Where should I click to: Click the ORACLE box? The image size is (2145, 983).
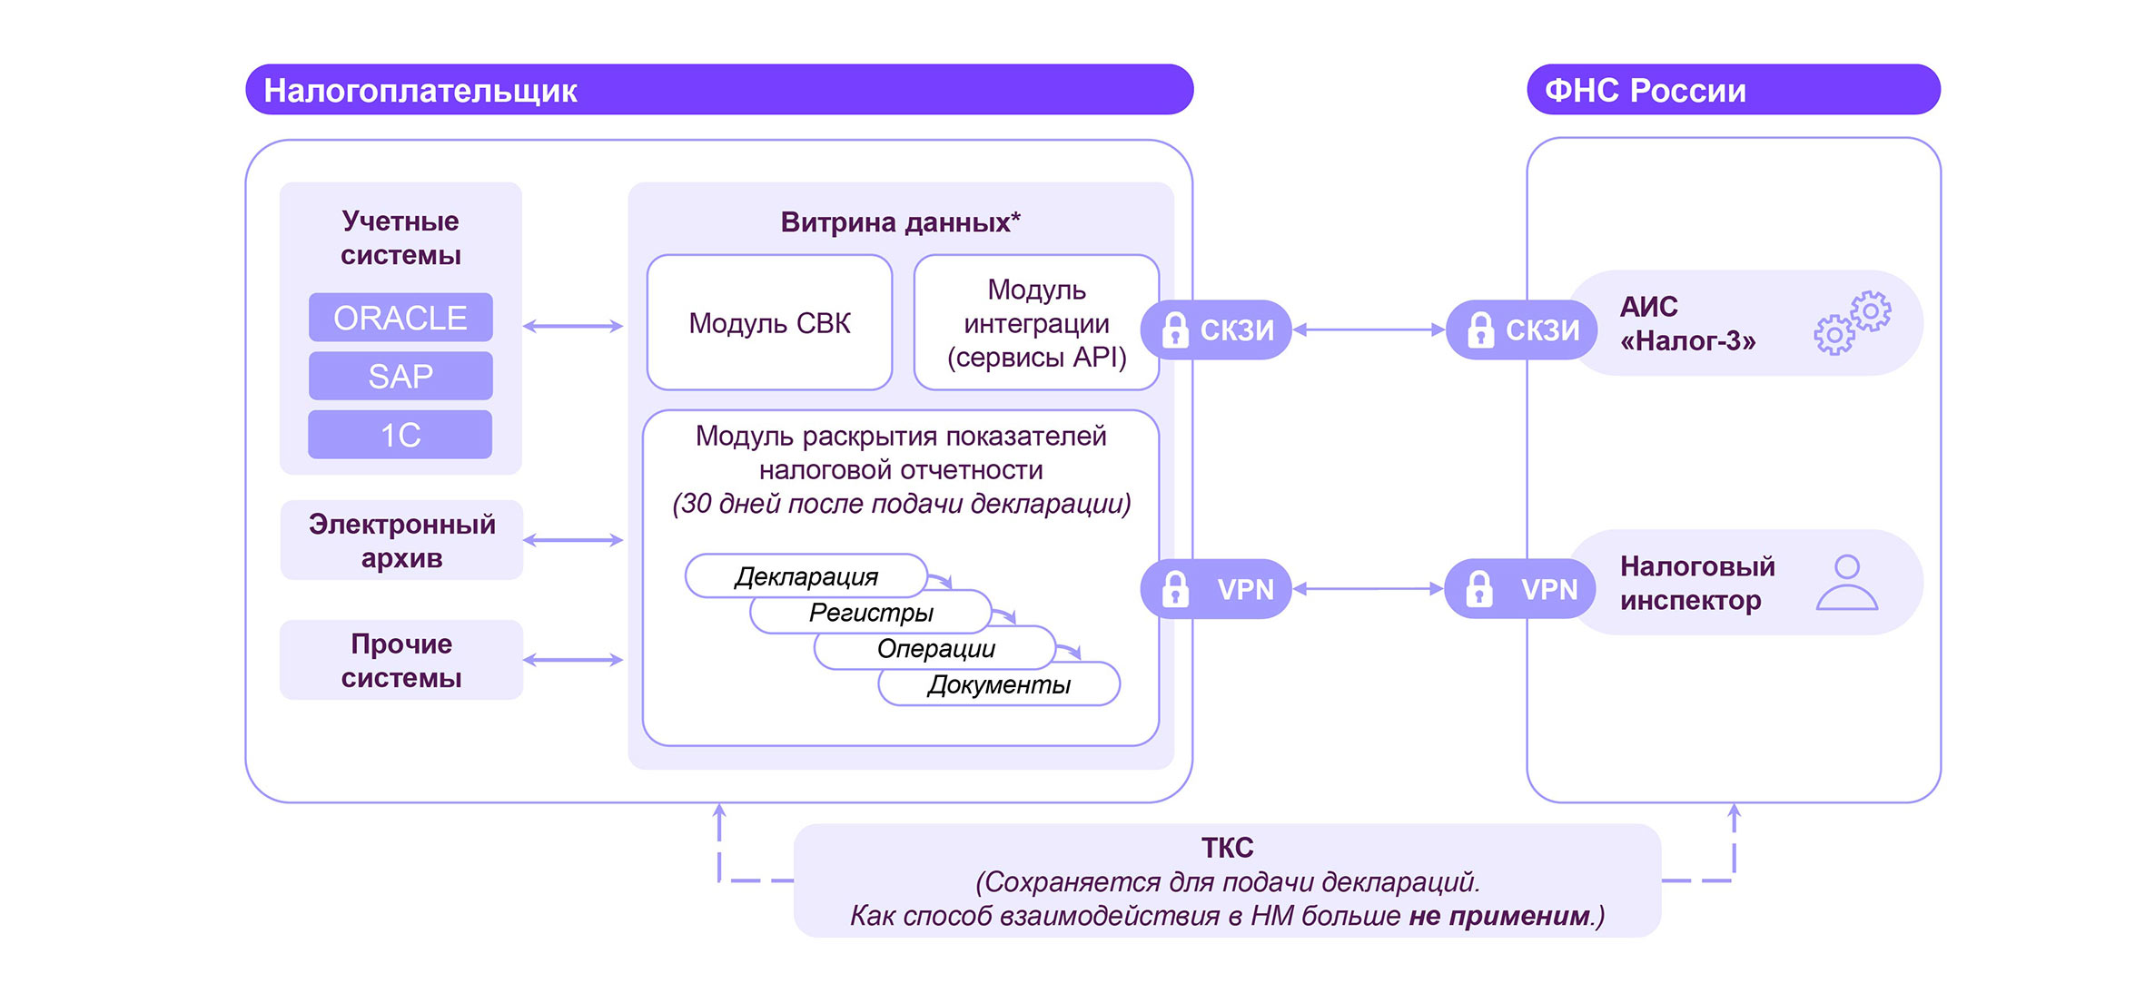[400, 318]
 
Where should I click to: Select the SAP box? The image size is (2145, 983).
[400, 376]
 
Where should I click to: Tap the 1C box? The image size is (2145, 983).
[400, 435]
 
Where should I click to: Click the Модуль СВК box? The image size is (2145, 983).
[769, 323]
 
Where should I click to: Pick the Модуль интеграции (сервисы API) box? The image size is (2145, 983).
[1036, 323]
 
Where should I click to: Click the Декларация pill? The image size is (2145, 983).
[806, 576]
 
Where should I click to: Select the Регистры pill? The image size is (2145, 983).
[871, 613]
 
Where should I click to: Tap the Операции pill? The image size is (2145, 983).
[935, 649]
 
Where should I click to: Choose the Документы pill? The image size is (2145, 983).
[999, 685]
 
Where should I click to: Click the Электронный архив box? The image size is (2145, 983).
[401, 541]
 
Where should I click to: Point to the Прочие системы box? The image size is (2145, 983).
[401, 661]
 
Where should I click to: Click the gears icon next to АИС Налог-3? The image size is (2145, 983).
[1853, 322]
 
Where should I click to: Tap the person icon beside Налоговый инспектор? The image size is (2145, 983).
[1846, 583]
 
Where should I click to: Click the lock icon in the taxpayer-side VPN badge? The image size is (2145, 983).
[1175, 589]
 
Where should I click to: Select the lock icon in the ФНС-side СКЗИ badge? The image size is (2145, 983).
[1480, 329]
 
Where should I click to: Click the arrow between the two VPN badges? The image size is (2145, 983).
[1368, 589]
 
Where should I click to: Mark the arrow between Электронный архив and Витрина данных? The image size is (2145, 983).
[573, 540]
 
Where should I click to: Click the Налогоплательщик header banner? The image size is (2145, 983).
[718, 90]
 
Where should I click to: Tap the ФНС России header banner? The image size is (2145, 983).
[1733, 90]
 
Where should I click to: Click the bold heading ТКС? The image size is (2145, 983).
[1227, 848]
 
